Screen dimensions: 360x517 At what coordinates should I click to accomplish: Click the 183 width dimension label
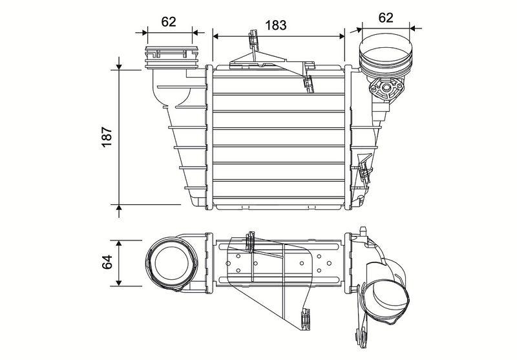(x=276, y=25)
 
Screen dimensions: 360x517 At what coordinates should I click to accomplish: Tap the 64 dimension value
(x=108, y=262)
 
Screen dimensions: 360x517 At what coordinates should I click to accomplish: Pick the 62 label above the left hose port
(x=169, y=21)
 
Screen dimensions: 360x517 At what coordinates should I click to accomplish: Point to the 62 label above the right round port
(x=386, y=17)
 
